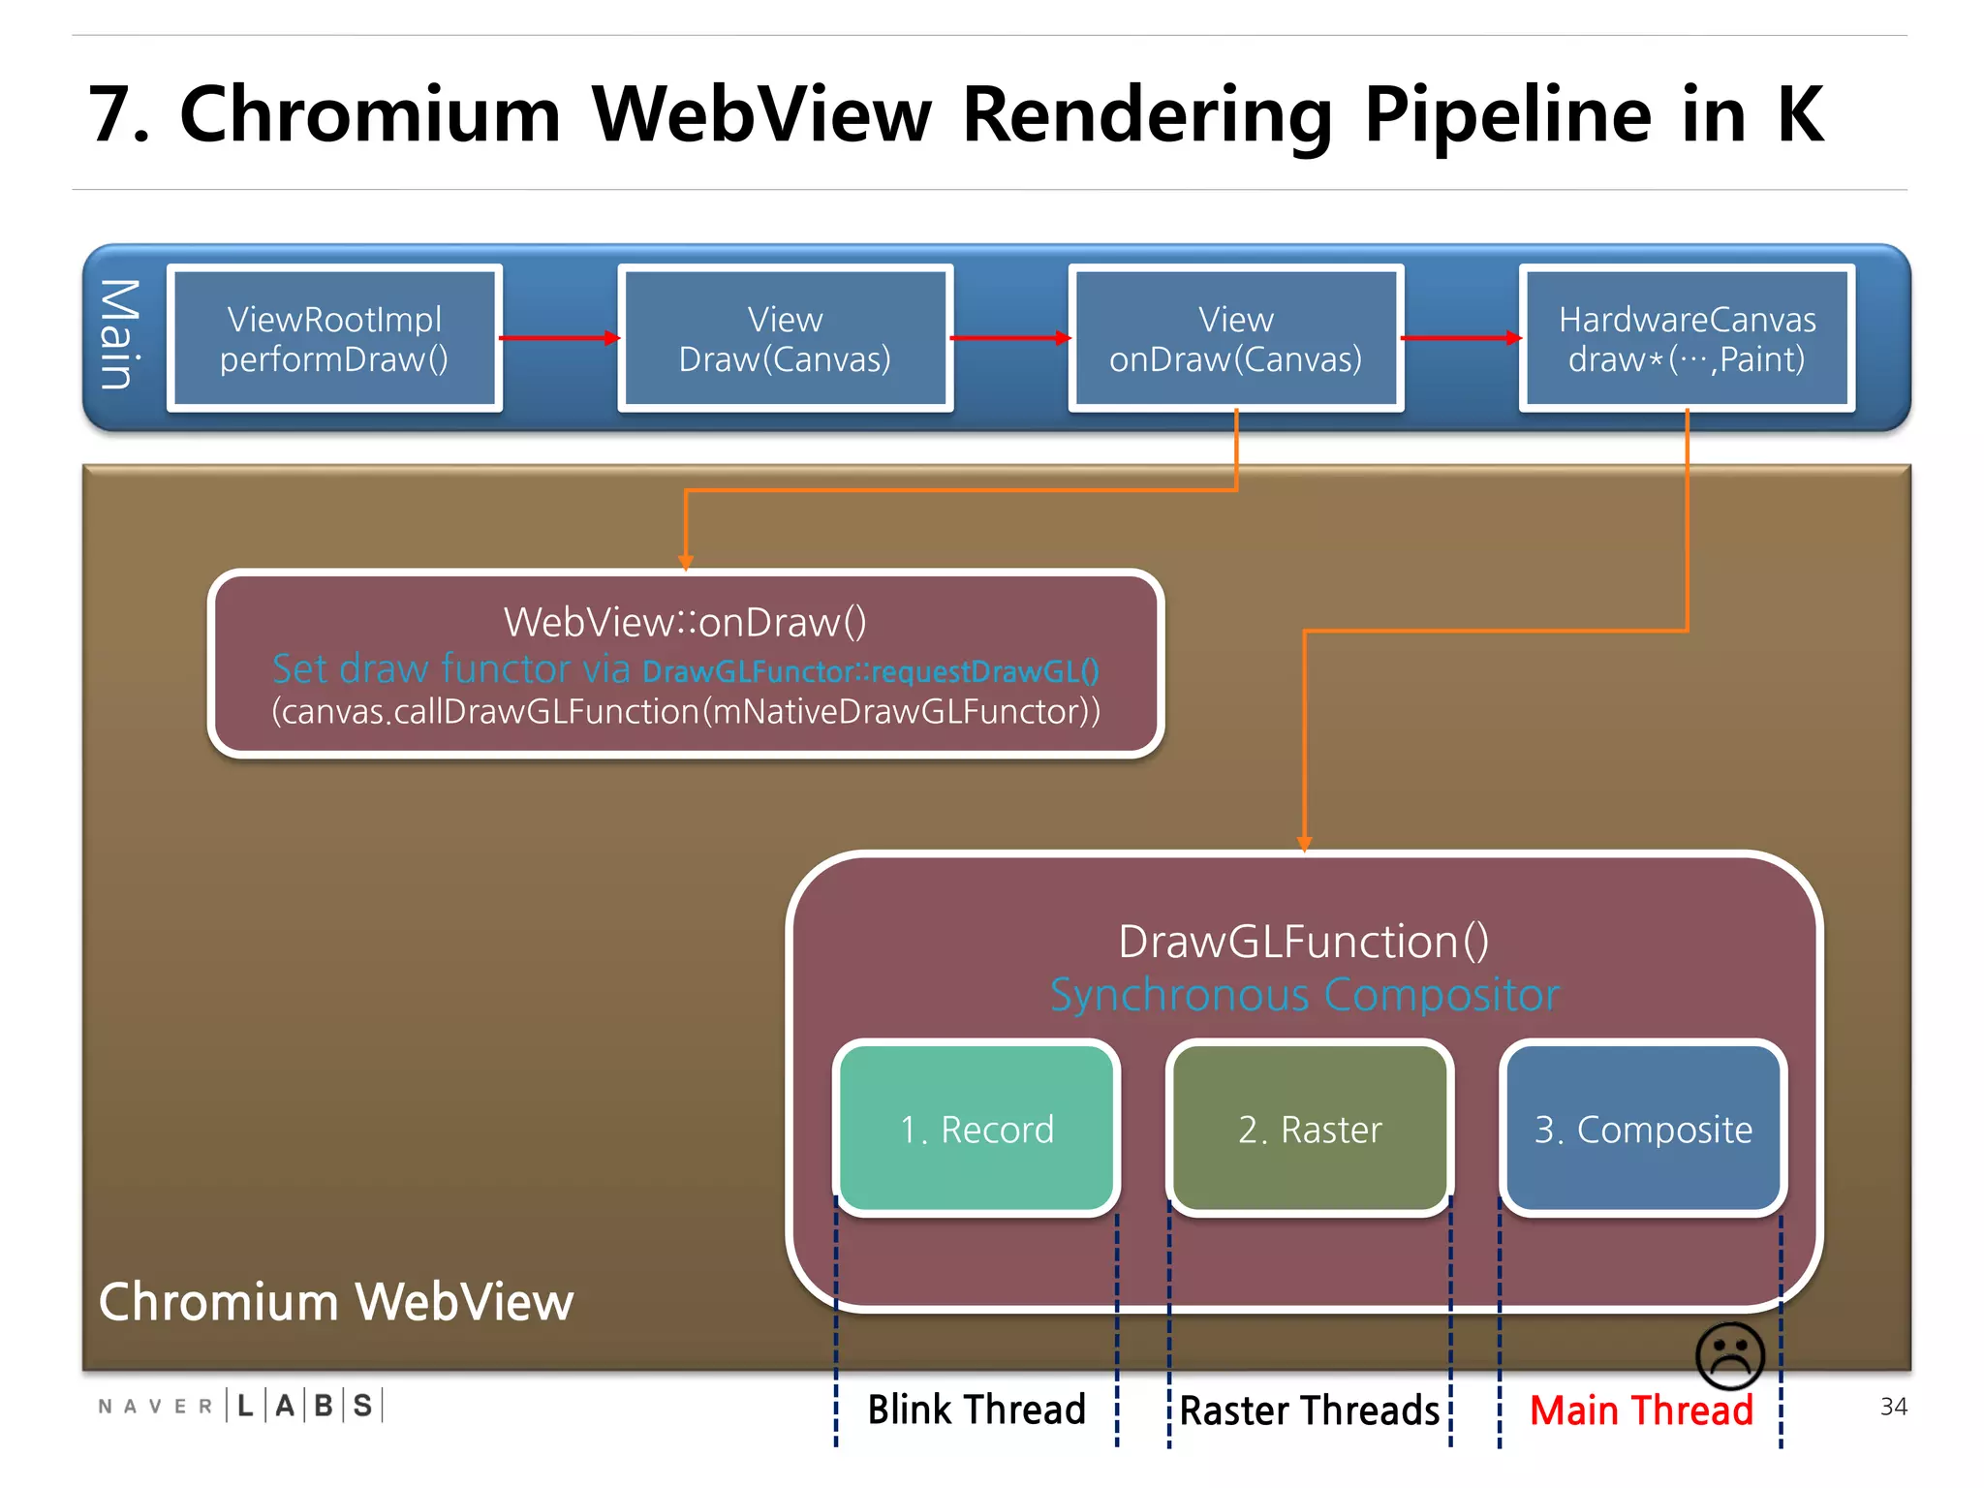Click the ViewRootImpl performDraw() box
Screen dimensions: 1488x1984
334,338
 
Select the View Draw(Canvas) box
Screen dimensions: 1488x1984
785,338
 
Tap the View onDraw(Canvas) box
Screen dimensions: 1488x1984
1235,338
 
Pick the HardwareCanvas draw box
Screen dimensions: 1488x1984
1687,338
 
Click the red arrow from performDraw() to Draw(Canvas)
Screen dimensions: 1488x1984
559,338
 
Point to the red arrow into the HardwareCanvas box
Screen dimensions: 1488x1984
1461,338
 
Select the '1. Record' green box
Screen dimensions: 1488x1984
976,1129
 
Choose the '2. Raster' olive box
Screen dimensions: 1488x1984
1310,1129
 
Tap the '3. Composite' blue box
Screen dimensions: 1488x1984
1643,1129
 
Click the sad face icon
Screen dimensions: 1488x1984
1730,1354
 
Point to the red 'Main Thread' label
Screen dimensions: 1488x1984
1641,1410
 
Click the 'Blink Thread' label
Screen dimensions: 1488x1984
976,1410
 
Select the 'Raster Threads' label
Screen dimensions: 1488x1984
1310,1410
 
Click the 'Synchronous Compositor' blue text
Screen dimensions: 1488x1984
1305,995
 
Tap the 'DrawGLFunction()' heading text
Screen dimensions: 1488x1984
1304,942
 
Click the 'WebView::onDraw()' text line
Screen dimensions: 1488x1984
685,622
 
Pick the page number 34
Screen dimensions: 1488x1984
1893,1407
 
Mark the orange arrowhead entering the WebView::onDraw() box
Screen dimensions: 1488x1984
686,562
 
